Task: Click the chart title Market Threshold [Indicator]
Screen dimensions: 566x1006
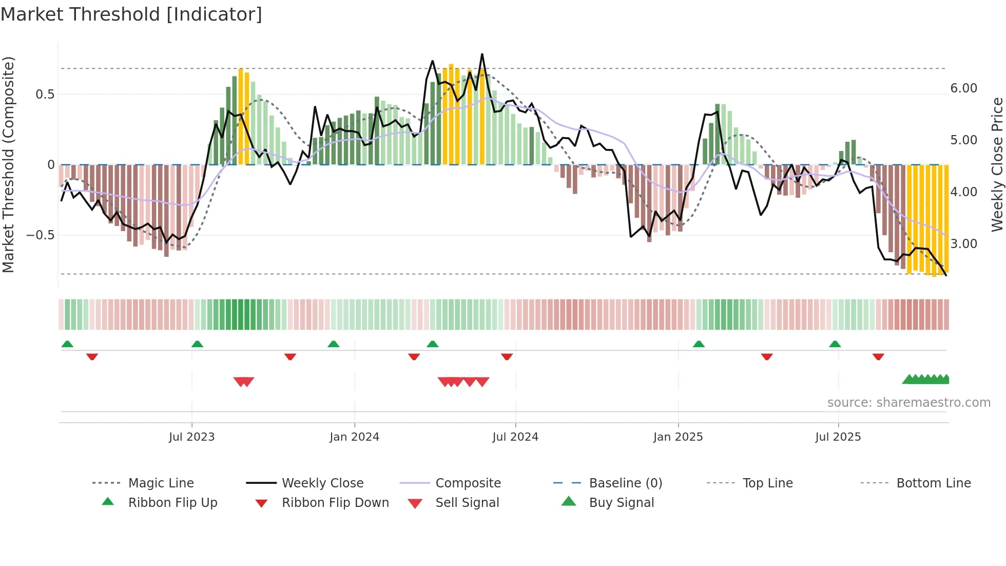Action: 131,14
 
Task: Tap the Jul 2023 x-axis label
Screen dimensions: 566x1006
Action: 191,437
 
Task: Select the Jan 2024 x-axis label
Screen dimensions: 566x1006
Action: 354,437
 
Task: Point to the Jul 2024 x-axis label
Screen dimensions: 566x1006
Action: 515,437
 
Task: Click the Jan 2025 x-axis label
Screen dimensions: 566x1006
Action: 678,437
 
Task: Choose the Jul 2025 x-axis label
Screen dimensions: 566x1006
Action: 838,437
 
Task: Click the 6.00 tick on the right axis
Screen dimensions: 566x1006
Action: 963,88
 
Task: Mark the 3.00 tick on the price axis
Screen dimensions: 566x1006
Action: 963,244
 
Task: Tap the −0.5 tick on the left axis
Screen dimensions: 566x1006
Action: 41,235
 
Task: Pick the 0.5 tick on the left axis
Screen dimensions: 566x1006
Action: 45,95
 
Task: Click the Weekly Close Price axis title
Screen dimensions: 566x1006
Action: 997,164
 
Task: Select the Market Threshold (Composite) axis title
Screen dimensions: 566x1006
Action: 8,164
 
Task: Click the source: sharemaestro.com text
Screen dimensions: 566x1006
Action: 908,403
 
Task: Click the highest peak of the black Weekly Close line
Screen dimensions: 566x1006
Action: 482,54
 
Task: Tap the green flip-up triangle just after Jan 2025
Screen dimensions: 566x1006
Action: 699,344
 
